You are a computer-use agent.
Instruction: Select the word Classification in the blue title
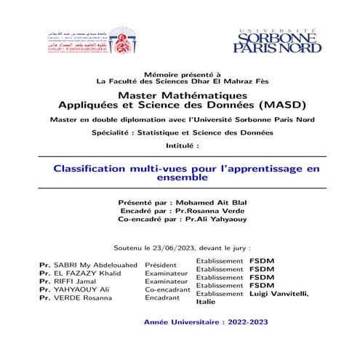pos(97,168)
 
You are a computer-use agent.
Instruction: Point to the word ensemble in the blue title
pos(180,177)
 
